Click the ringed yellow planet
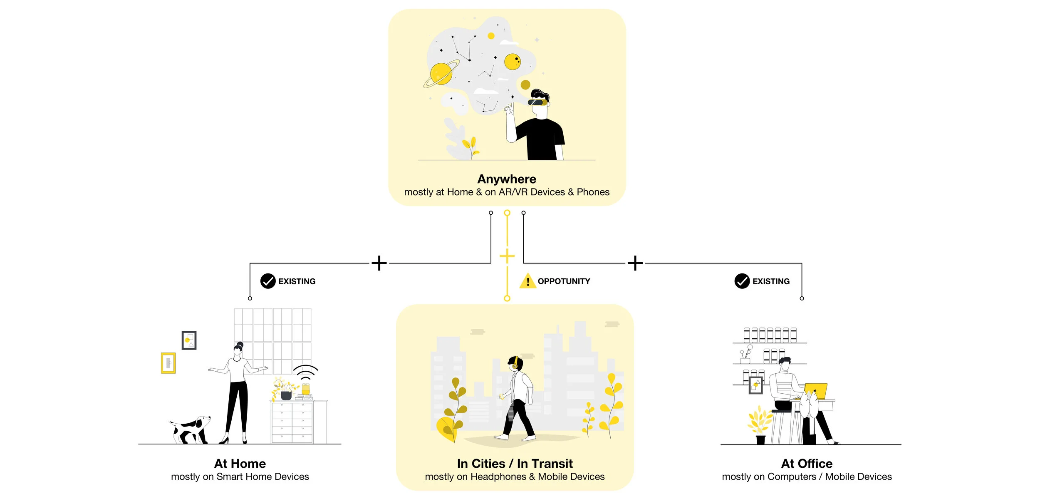coord(441,74)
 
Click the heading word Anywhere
coord(507,179)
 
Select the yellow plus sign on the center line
coord(507,256)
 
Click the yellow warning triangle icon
coord(527,281)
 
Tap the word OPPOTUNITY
coord(564,281)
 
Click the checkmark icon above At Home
coord(268,281)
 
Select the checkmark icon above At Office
coord(742,281)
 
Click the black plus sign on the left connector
coord(379,263)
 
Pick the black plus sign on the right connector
coord(635,263)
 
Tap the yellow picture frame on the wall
coord(168,363)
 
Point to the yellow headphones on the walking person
coord(515,364)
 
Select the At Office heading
coord(807,464)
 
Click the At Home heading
coord(240,464)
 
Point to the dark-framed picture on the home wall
coord(189,340)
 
